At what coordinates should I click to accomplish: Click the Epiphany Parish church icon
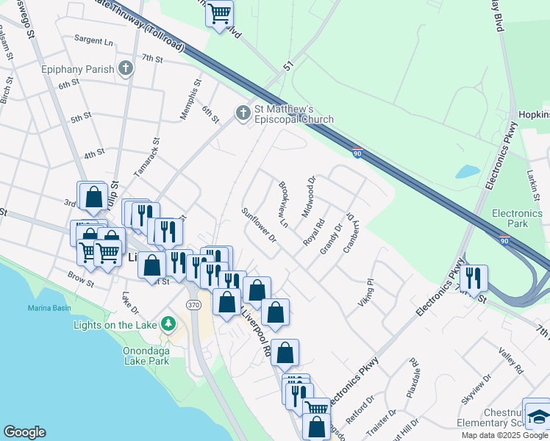126,69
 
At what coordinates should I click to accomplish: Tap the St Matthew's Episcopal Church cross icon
243,113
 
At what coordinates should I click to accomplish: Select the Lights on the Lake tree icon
168,323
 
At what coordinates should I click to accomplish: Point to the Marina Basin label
49,307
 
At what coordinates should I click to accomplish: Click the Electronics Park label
517,218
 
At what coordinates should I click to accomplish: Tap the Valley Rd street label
510,362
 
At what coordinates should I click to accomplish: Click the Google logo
24,432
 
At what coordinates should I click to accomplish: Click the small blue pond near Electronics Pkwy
468,172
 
